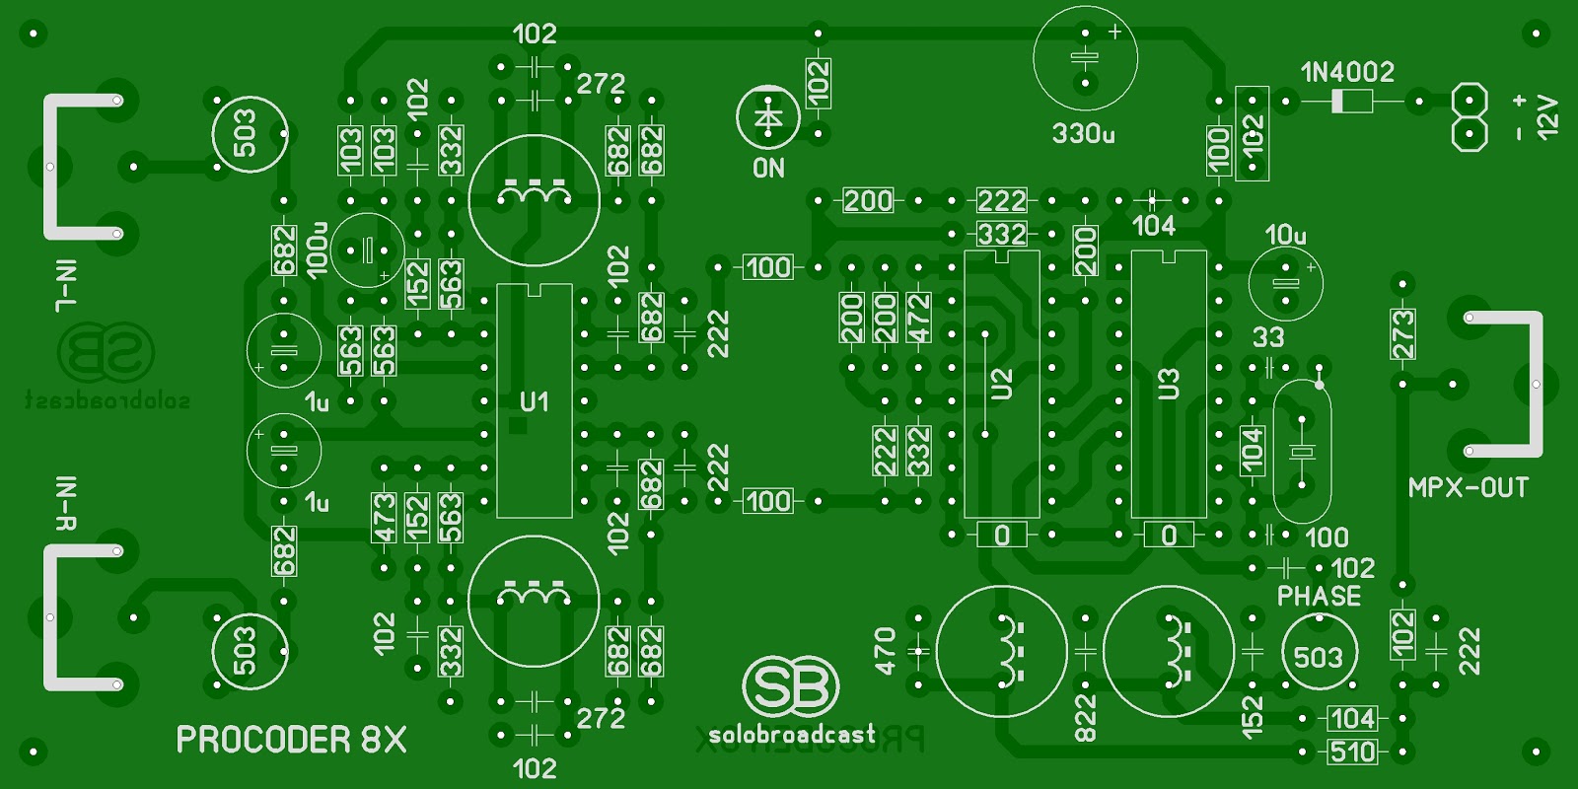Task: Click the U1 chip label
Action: [x=534, y=401]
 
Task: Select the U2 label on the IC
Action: [x=1001, y=384]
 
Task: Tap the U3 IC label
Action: [x=1169, y=384]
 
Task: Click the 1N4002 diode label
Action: [x=1347, y=72]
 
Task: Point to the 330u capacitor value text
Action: [x=1083, y=133]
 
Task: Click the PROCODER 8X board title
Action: [x=291, y=740]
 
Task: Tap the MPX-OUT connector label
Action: [x=1468, y=487]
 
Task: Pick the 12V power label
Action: [x=1547, y=116]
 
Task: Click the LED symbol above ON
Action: [x=767, y=116]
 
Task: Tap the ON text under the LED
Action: [x=768, y=169]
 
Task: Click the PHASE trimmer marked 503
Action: [x=1319, y=656]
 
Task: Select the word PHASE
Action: [x=1319, y=596]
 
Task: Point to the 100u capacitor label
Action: [x=318, y=251]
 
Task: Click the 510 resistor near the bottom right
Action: [x=1352, y=752]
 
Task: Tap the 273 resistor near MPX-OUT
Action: [x=1401, y=333]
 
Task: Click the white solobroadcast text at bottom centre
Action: [x=791, y=734]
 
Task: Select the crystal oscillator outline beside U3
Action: [x=1302, y=451]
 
